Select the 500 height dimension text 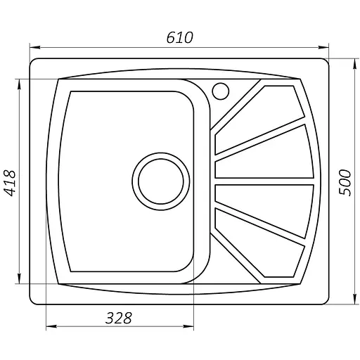pyautogui.click(x=344, y=183)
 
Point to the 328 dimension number pyautogui.click(x=120, y=317)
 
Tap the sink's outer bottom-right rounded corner pyautogui.click(x=327, y=301)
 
